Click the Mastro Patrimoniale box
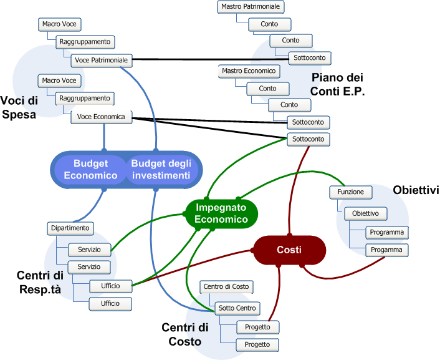[x=251, y=7]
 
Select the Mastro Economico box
[x=248, y=71]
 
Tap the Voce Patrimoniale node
[x=101, y=60]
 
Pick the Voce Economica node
[x=101, y=117]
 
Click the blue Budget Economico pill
[x=90, y=169]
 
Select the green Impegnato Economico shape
[x=221, y=213]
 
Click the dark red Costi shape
[x=289, y=250]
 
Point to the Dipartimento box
[x=70, y=228]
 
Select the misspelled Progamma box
[x=388, y=250]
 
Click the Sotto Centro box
[x=237, y=308]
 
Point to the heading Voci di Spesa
[x=19, y=107]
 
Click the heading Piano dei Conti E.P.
[x=338, y=84]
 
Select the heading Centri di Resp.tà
[x=40, y=282]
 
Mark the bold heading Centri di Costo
[x=181, y=334]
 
